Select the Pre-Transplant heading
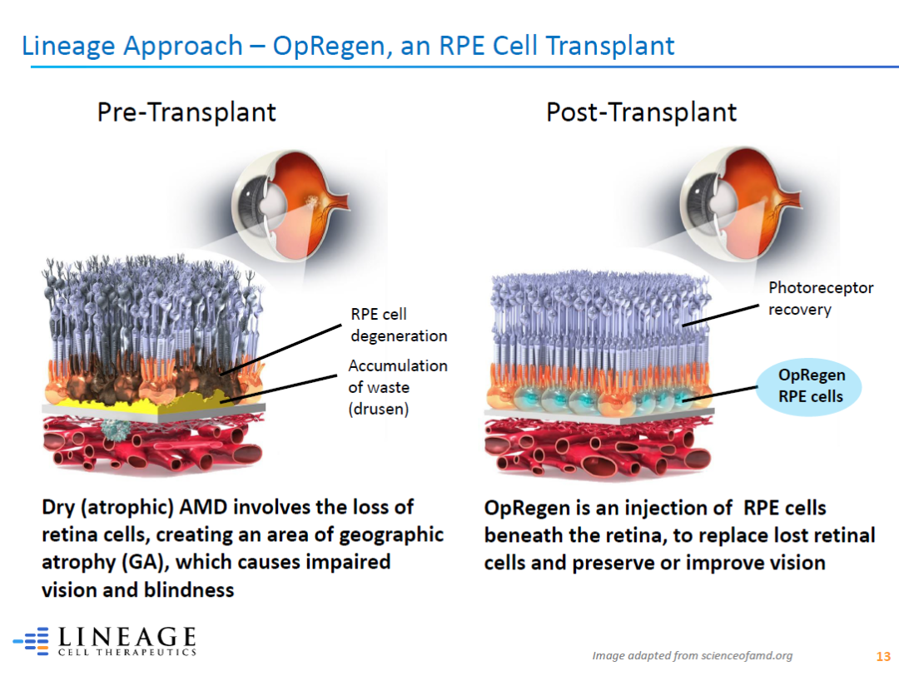click(186, 112)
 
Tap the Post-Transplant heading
click(641, 112)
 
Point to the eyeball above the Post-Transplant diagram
click(741, 203)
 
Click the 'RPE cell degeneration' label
click(399, 325)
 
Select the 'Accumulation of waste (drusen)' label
click(398, 387)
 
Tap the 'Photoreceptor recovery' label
click(821, 298)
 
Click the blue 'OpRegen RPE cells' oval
click(810, 386)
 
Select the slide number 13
click(883, 657)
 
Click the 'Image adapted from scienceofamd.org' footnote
click(692, 655)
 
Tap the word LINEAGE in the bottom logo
click(127, 636)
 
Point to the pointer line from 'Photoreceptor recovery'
click(721, 316)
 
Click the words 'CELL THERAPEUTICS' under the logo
click(127, 652)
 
